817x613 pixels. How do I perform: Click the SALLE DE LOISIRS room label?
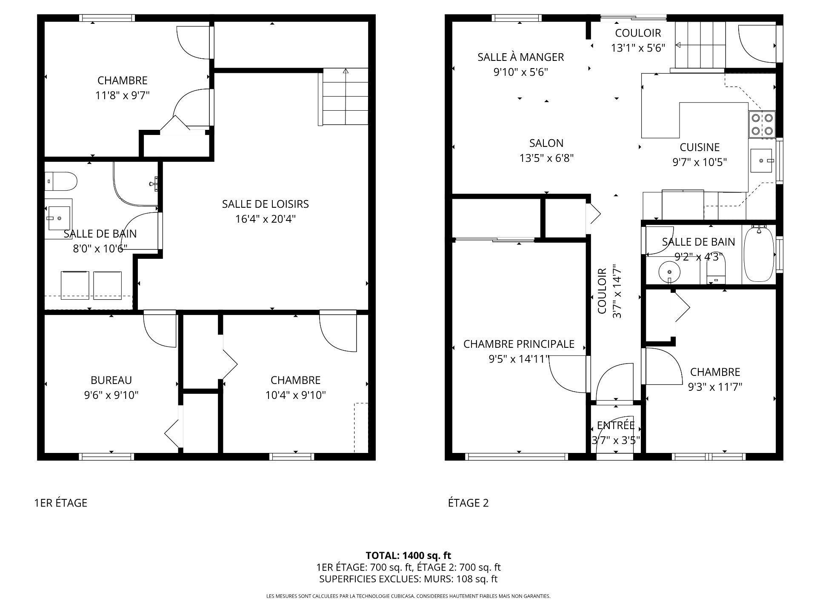coord(265,204)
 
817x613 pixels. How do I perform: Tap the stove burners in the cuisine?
coord(762,124)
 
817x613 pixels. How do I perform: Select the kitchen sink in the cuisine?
coord(762,160)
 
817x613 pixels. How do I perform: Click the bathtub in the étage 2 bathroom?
coord(759,254)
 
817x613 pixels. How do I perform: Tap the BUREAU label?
coord(111,380)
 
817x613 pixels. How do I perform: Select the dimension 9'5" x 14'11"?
coord(519,359)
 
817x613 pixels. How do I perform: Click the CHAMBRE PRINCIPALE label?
coord(519,344)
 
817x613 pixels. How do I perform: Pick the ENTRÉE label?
coord(616,425)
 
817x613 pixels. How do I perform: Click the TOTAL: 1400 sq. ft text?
coord(408,555)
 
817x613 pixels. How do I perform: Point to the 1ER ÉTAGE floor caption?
coord(60,503)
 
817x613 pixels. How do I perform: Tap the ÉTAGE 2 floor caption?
coord(468,503)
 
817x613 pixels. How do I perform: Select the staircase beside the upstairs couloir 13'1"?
coord(700,45)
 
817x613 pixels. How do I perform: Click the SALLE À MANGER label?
coord(520,57)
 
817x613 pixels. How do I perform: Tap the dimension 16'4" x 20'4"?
coord(265,219)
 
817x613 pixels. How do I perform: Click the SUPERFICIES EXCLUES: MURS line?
coord(408,579)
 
